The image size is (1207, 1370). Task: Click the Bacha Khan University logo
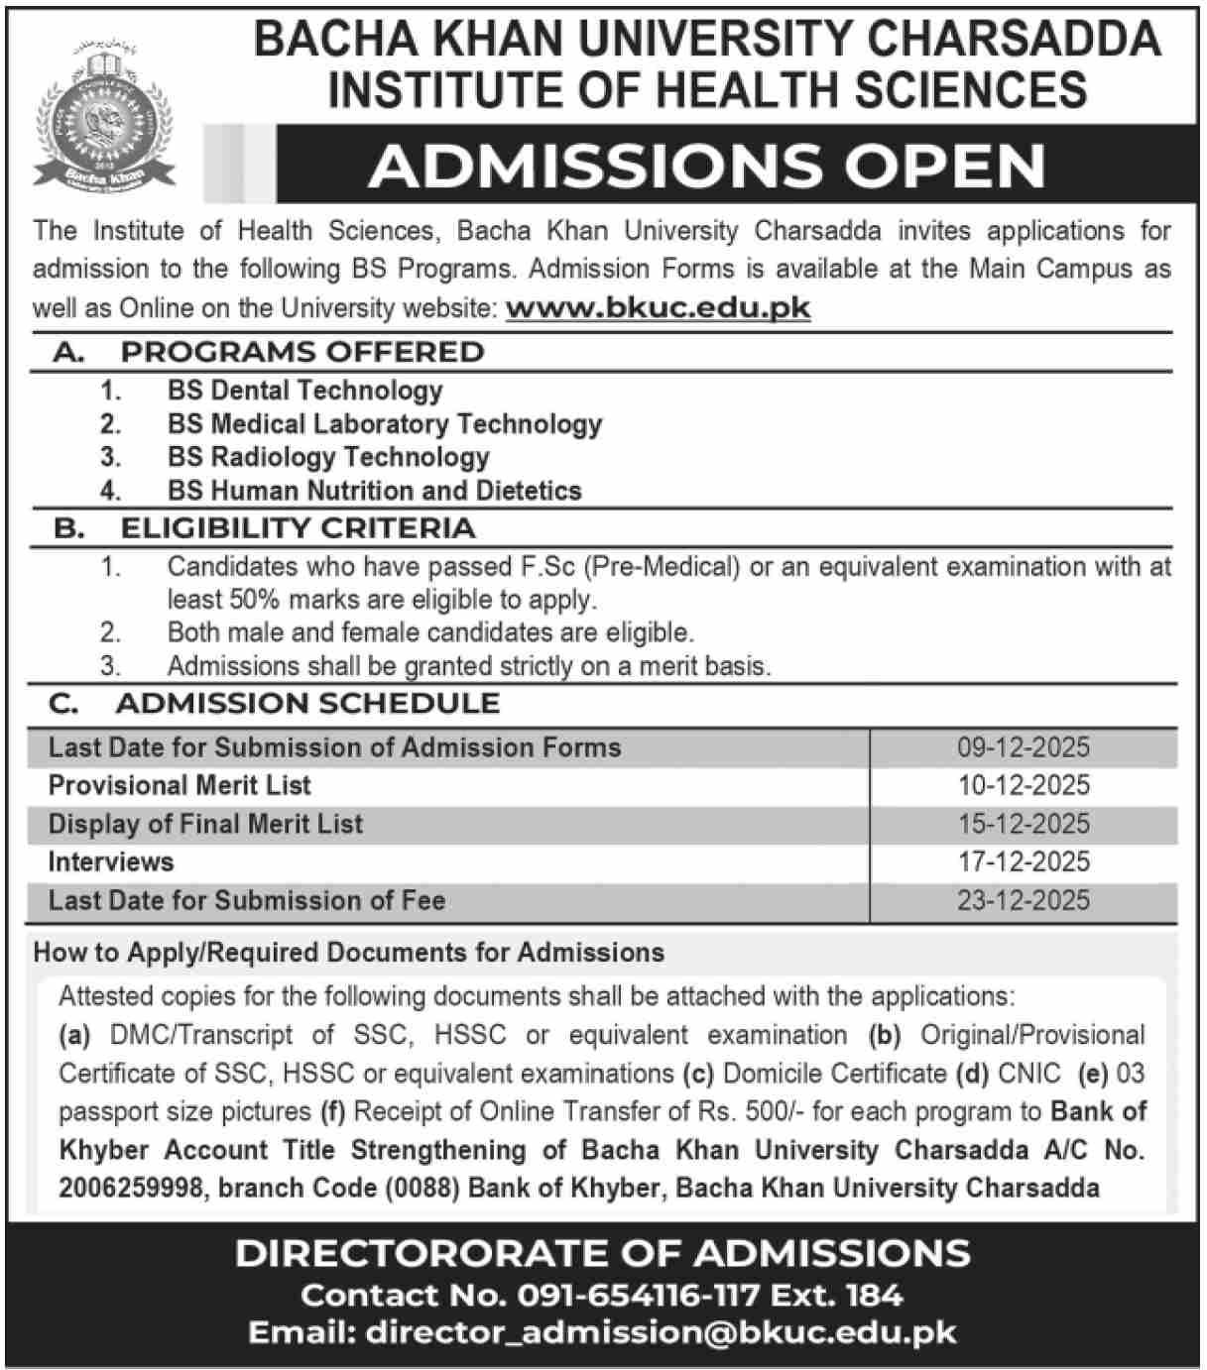(x=104, y=112)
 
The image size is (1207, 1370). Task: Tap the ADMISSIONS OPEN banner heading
(x=707, y=166)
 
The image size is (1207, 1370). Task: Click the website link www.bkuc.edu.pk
(x=658, y=308)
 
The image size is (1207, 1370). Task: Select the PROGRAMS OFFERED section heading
(x=302, y=352)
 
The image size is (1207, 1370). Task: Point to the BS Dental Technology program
(x=304, y=391)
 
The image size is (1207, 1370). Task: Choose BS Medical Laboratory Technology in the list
(x=384, y=424)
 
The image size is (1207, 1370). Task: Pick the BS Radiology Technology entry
(x=328, y=457)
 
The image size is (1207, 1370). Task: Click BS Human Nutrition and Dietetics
(x=374, y=491)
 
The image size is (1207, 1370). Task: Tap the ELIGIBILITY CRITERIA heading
(x=298, y=528)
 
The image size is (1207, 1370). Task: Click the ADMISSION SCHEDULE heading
(x=307, y=704)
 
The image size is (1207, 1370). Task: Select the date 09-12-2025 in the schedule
(x=1024, y=747)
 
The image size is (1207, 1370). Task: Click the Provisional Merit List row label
(x=180, y=785)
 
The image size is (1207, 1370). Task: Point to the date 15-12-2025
(x=1024, y=824)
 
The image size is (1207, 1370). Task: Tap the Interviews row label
(x=110, y=861)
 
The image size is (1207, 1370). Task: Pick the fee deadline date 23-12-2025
(x=1024, y=900)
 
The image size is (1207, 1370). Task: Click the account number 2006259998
(x=131, y=1188)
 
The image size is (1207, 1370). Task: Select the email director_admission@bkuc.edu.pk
(x=661, y=1332)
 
